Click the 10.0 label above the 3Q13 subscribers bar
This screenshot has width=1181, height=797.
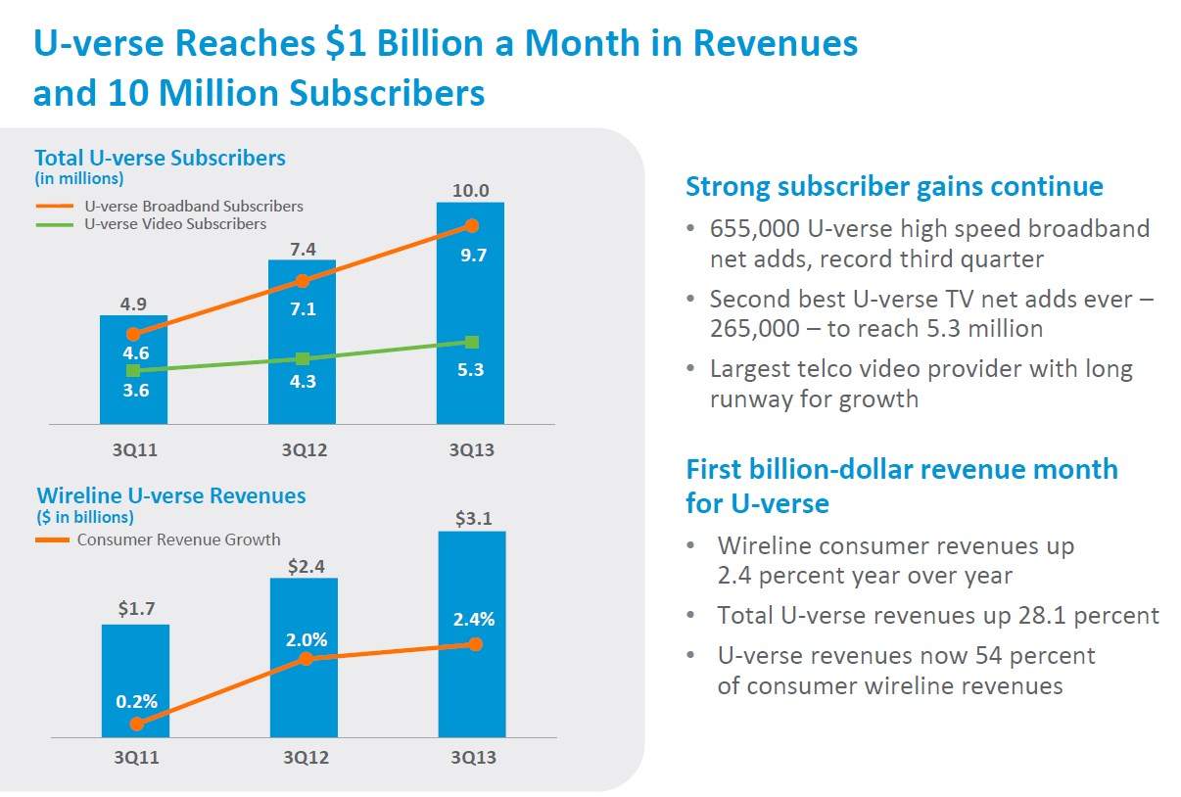pyautogui.click(x=470, y=190)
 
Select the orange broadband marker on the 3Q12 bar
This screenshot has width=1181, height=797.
pyautogui.click(x=303, y=281)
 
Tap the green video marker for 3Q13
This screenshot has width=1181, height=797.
pyautogui.click(x=472, y=342)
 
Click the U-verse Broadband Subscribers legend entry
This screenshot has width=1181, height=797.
pyautogui.click(x=193, y=206)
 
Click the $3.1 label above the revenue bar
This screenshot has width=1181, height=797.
pyautogui.click(x=472, y=519)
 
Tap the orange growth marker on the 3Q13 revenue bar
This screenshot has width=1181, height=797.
pyautogui.click(x=476, y=644)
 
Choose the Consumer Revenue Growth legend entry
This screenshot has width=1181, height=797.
pyautogui.click(x=178, y=539)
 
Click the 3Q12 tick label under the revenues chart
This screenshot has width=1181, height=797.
pyautogui.click(x=306, y=758)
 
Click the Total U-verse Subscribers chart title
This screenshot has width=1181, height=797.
pyautogui.click(x=160, y=158)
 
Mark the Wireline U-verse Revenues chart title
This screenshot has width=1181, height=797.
pyautogui.click(x=171, y=495)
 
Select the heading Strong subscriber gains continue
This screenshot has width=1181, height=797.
pyautogui.click(x=894, y=186)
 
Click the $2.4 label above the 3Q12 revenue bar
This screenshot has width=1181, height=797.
pyautogui.click(x=304, y=565)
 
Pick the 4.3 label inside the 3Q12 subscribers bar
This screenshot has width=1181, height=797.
pyautogui.click(x=303, y=382)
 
